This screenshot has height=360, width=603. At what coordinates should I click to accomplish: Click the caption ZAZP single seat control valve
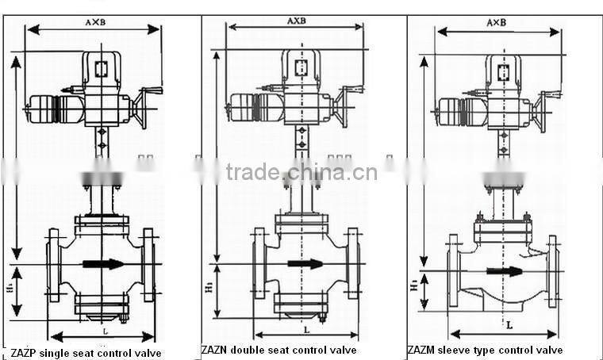pyautogui.click(x=86, y=352)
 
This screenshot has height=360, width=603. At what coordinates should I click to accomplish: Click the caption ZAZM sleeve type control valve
pyautogui.click(x=486, y=350)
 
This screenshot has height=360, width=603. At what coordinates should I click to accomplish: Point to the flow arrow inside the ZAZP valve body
pyautogui.click(x=104, y=263)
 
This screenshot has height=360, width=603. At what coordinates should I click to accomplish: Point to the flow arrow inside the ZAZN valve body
pyautogui.click(x=305, y=263)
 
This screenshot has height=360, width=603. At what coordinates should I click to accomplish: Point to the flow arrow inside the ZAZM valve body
pyautogui.click(x=505, y=270)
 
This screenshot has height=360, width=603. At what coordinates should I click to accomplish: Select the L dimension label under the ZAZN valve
pyautogui.click(x=305, y=327)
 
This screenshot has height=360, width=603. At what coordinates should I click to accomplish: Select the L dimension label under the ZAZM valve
pyautogui.click(x=508, y=324)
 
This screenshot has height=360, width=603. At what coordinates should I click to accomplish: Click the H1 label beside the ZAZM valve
pyautogui.click(x=414, y=287)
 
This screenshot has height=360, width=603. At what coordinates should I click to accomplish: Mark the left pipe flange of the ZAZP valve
pyautogui.click(x=54, y=265)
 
